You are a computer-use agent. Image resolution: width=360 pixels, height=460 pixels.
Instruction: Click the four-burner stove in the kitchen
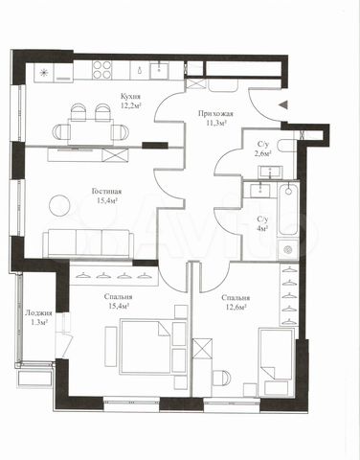pyautogui.click(x=102, y=71)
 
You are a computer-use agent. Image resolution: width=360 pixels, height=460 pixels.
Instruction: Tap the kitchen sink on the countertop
pyautogui.click(x=159, y=71)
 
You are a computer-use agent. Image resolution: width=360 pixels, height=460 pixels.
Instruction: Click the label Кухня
pyautogui.click(x=130, y=96)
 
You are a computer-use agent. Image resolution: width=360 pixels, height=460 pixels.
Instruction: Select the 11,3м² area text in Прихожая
pyautogui.click(x=216, y=123)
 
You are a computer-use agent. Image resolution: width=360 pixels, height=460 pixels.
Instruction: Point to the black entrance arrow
pyautogui.click(x=283, y=104)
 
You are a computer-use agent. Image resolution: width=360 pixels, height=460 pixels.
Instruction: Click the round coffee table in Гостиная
pyautogui.click(x=59, y=205)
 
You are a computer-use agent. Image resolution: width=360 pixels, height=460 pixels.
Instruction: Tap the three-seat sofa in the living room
pyautogui.click(x=88, y=243)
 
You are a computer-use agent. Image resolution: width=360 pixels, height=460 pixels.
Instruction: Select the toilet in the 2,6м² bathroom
pyautogui.click(x=285, y=146)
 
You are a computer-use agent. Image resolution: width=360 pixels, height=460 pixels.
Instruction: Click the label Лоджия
pyautogui.click(x=38, y=313)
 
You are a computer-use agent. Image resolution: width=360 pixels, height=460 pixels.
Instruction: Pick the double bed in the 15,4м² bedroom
pyautogui.click(x=146, y=347)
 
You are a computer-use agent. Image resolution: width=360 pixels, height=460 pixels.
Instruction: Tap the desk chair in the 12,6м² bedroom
pyautogui.click(x=221, y=378)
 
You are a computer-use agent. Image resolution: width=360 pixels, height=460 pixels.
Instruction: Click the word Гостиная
pyautogui.click(x=106, y=192)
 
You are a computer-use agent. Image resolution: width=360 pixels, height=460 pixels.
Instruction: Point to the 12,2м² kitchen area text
pyautogui.click(x=131, y=105)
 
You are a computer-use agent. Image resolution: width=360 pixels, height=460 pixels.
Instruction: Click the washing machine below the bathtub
pyautogui.click(x=288, y=249)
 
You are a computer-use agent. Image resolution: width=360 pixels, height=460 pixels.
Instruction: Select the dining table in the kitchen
pyautogui.click(x=91, y=132)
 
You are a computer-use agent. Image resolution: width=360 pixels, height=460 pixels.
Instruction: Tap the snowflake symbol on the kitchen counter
pyautogui.click(x=44, y=73)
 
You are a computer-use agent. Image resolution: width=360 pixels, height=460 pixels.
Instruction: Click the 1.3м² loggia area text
pyautogui.click(x=38, y=322)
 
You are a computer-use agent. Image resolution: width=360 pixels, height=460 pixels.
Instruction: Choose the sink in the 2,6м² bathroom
pyautogui.click(x=270, y=172)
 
